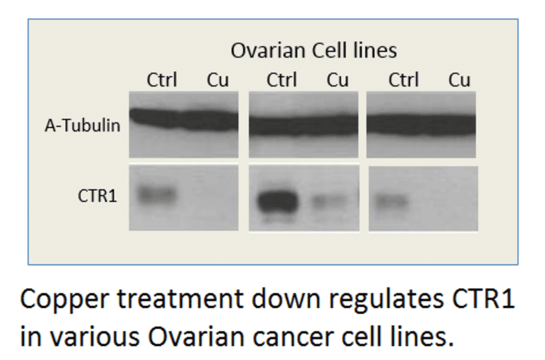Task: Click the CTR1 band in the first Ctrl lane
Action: click(x=157, y=195)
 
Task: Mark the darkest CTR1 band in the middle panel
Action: click(x=277, y=199)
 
